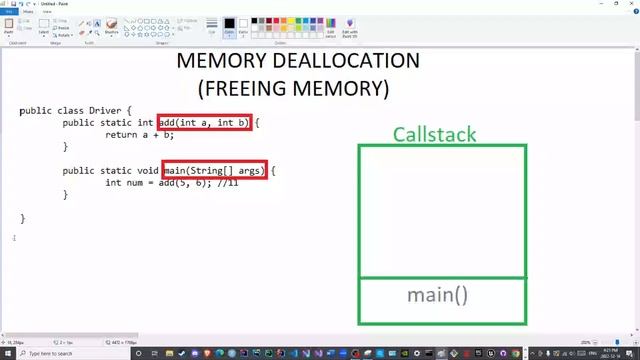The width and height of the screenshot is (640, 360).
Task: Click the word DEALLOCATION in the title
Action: click(x=345, y=60)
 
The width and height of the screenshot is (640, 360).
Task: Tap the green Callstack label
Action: click(x=434, y=134)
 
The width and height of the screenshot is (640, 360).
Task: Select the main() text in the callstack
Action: click(x=437, y=295)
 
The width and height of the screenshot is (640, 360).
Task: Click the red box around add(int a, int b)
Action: click(x=203, y=122)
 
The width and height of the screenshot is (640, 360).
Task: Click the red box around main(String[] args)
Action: click(x=214, y=171)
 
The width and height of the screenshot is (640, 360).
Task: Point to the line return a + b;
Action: click(x=139, y=134)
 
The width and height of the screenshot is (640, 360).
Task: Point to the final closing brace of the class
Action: click(x=22, y=218)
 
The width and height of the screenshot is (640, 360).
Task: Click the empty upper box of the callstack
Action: click(x=442, y=210)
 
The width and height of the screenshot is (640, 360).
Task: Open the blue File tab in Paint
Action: click(x=9, y=12)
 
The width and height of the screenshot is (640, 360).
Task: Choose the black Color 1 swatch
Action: click(x=229, y=24)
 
